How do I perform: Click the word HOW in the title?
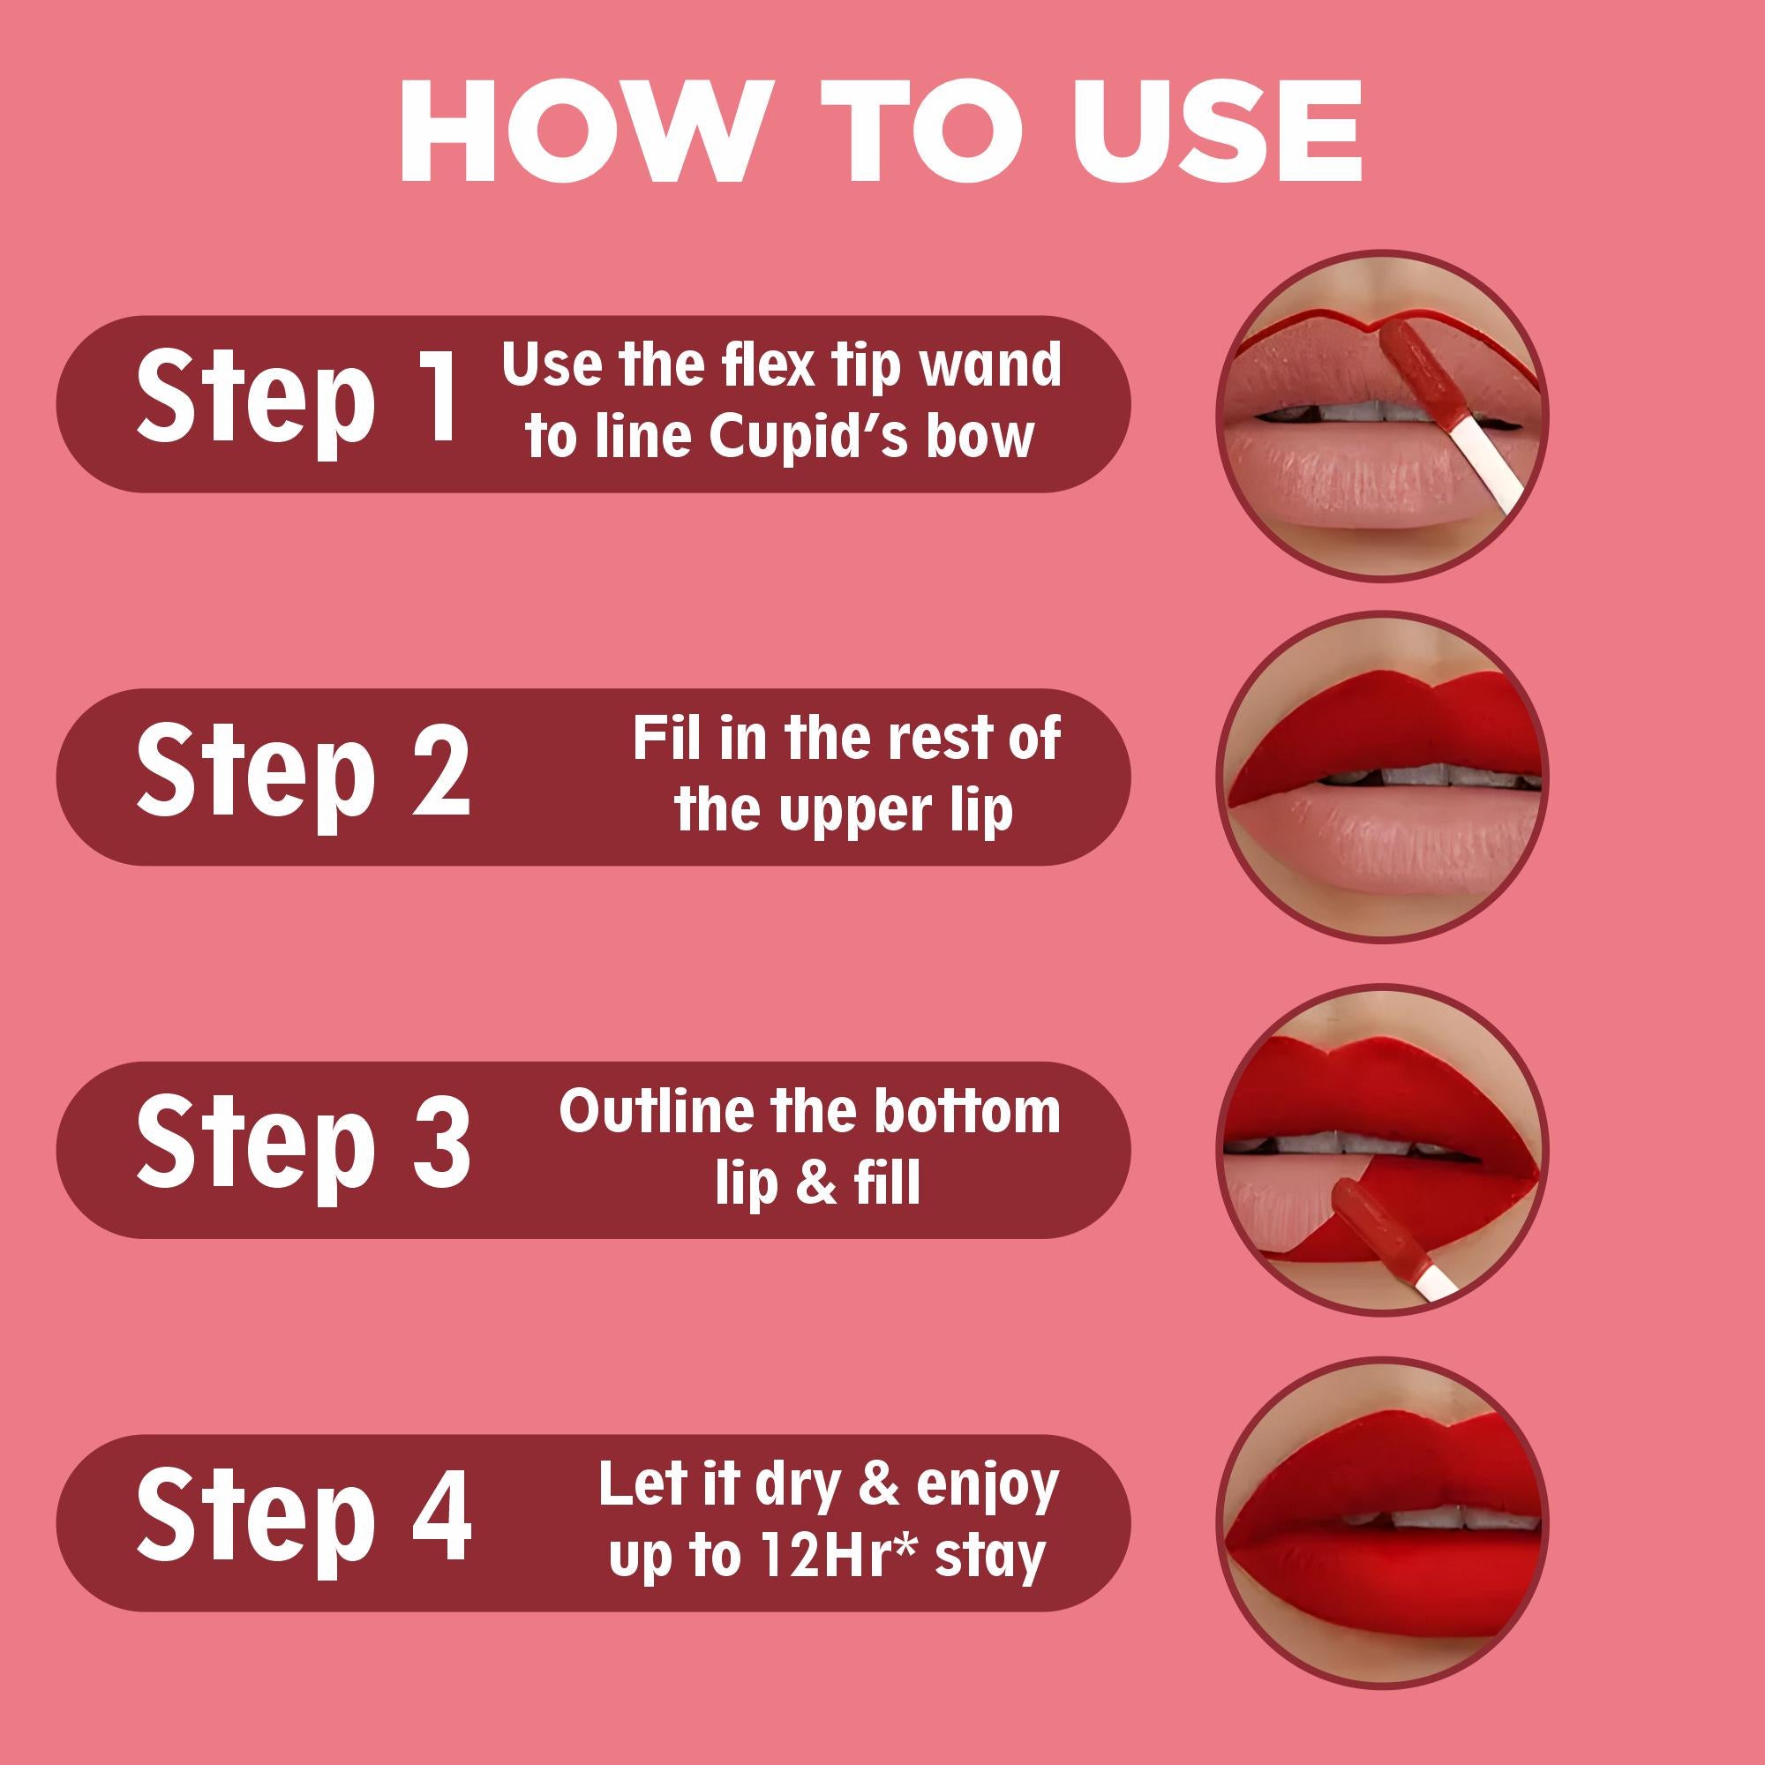[578, 133]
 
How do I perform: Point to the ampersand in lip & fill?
[815, 1184]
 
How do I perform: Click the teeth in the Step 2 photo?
[1407, 777]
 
